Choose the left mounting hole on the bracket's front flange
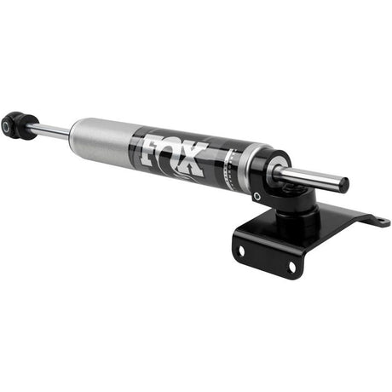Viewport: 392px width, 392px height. (243, 252)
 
